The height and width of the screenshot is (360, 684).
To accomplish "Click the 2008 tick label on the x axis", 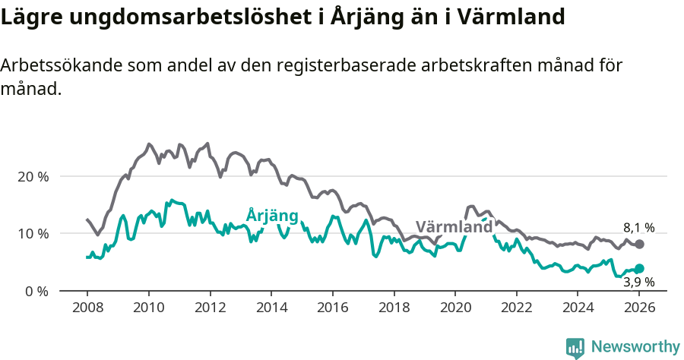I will (87, 308).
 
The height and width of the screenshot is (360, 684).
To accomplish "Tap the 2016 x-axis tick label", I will (332, 308).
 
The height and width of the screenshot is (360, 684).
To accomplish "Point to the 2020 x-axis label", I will (455, 308).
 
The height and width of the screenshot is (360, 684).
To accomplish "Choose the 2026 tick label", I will (639, 308).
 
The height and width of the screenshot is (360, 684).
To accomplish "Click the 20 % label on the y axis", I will (33, 176).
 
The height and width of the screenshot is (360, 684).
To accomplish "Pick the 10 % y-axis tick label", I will (33, 233).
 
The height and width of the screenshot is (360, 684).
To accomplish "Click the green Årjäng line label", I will (272, 216).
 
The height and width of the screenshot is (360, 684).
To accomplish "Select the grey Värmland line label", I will (454, 227).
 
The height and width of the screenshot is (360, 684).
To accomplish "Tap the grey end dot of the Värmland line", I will (639, 244).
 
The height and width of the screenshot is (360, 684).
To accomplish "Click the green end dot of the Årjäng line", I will (639, 268).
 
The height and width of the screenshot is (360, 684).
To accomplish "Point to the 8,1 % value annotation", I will (638, 227).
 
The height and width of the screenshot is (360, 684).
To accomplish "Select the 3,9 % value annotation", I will (638, 283).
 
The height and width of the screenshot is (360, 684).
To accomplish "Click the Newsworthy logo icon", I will (575, 347).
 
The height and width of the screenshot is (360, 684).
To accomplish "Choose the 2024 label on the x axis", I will (578, 308).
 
